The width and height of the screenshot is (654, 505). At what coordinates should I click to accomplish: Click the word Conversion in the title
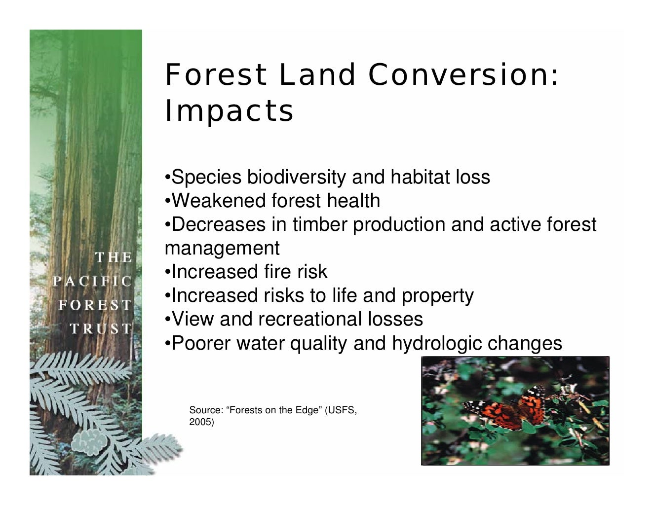coord(463,74)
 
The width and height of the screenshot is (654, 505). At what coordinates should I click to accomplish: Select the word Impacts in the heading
coord(229,111)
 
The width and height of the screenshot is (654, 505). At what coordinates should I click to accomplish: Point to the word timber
coord(320,224)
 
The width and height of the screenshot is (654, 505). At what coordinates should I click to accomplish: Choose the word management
coord(222,248)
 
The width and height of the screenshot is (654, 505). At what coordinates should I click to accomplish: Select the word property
coord(437,295)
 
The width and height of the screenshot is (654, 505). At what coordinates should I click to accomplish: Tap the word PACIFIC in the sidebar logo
coord(93,281)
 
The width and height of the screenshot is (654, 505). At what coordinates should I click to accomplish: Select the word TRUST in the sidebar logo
coord(101,328)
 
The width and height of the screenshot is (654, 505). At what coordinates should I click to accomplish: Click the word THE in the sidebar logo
coord(114,257)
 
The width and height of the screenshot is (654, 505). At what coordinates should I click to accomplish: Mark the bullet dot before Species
coord(167,178)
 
